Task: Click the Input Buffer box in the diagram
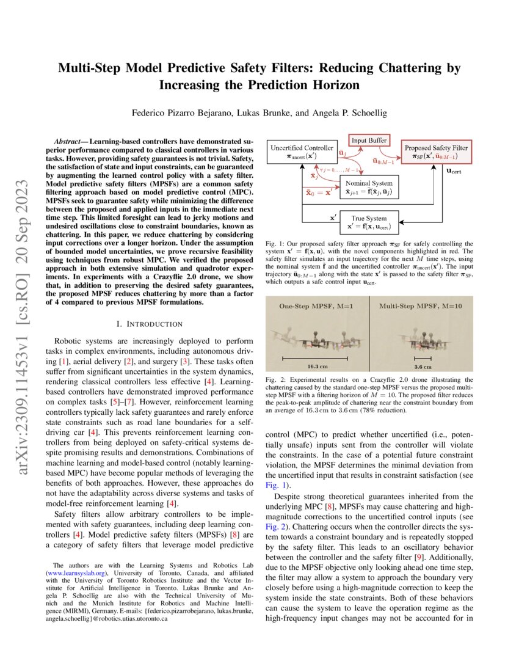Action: coord(368,140)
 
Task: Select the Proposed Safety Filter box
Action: coord(435,152)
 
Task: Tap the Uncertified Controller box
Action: coord(302,152)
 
